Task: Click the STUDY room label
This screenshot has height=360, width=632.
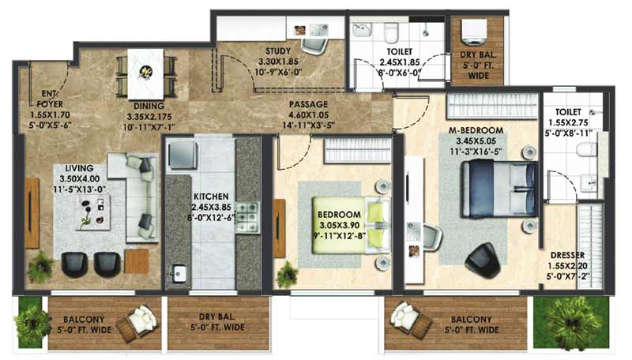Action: (278, 51)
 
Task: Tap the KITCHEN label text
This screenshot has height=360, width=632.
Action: (211, 197)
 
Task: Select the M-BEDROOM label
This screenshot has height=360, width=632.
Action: (476, 130)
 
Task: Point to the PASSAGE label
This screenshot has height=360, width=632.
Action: (308, 105)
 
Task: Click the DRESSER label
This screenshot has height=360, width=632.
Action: (567, 255)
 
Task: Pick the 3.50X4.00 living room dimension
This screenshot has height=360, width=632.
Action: (80, 178)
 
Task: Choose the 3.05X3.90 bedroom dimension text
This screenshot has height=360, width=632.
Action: (339, 225)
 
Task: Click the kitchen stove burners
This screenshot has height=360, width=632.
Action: (247, 217)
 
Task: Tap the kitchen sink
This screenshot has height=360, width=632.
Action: (178, 273)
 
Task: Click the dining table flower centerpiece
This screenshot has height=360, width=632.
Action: (145, 72)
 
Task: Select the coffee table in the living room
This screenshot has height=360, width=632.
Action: (93, 212)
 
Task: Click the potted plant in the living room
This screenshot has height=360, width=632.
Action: (40, 266)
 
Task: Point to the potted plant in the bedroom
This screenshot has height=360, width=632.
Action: (288, 274)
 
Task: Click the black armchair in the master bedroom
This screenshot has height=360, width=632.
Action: (483, 261)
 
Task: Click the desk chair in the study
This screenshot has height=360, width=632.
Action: (314, 46)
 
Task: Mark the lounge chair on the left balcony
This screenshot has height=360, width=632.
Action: (137, 322)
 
